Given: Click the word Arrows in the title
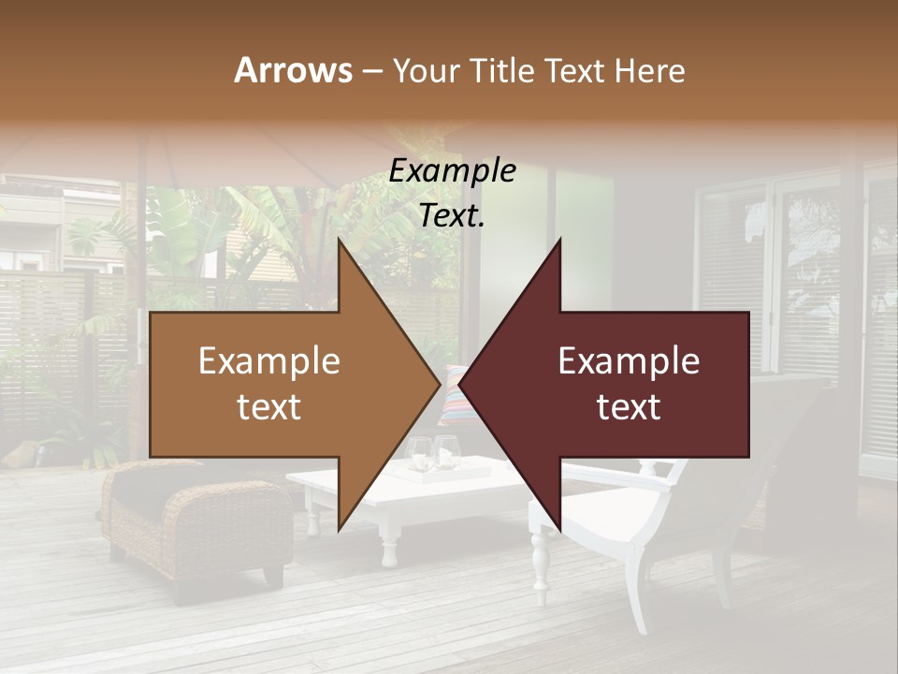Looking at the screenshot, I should pyautogui.click(x=293, y=70).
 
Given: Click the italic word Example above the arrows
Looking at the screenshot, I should pyautogui.click(x=452, y=171).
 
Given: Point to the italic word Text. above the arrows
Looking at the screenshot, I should pyautogui.click(x=452, y=216).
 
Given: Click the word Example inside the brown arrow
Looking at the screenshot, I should pyautogui.click(x=268, y=361).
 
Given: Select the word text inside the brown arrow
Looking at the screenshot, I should pyautogui.click(x=268, y=407).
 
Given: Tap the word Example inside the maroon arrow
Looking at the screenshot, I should pyautogui.click(x=629, y=361).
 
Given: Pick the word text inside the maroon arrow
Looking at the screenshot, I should pyautogui.click(x=629, y=407).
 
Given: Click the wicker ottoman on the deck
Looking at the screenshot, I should pyautogui.click(x=196, y=520).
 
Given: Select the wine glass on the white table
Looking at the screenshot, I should pyautogui.click(x=420, y=454).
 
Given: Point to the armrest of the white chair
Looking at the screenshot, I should pyautogui.click(x=655, y=473).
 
